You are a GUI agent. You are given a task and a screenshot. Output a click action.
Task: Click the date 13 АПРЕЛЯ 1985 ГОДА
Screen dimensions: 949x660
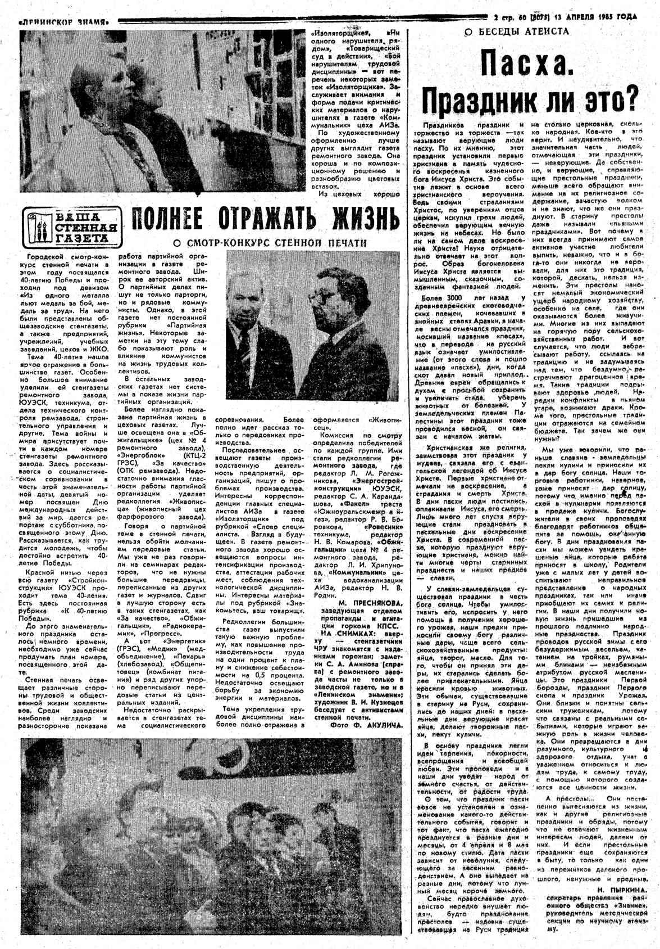(595, 17)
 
